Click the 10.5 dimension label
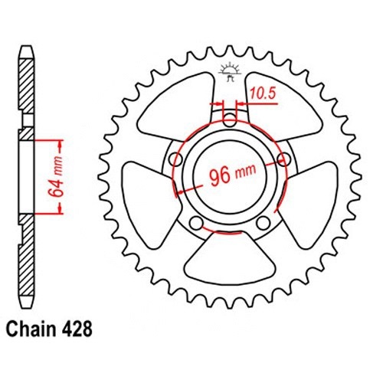tap(263, 93)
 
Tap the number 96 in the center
tap(220, 177)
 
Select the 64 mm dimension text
tap(57, 177)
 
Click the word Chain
tap(31, 329)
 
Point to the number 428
tap(77, 329)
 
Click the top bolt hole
tap(230, 120)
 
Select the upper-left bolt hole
tap(176, 159)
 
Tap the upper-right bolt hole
tap(284, 159)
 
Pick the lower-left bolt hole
tap(197, 223)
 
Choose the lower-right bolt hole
tap(264, 223)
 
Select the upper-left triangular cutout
tap(177, 106)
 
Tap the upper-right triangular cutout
tap(283, 106)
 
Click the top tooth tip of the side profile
tap(27, 46)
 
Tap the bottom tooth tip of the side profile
tap(27, 308)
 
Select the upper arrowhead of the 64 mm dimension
tap(60, 145)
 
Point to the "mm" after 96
tap(245, 172)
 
